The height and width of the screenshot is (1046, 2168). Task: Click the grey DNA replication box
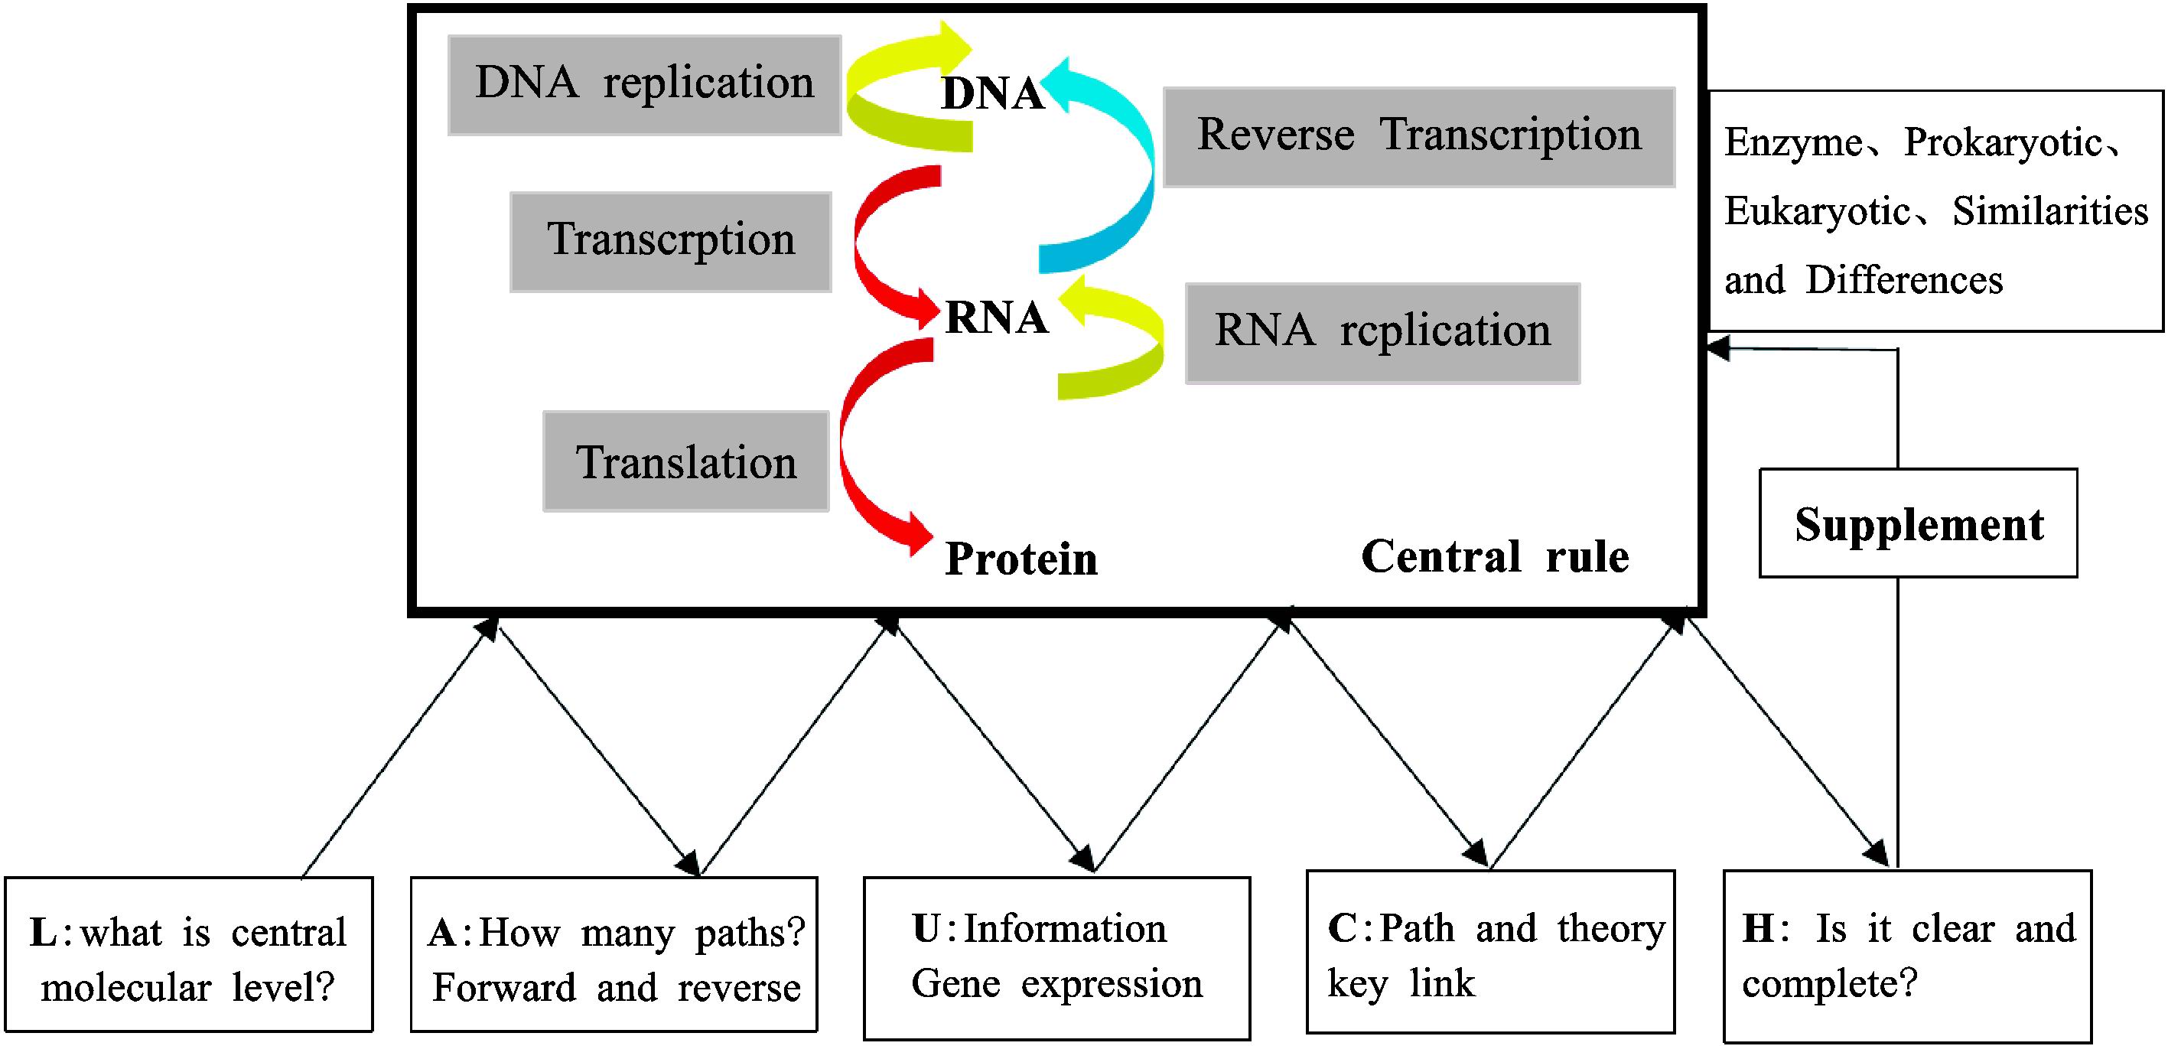click(x=645, y=85)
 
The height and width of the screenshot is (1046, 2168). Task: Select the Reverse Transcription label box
click(x=1419, y=137)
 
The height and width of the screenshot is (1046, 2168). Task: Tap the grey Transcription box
click(x=671, y=243)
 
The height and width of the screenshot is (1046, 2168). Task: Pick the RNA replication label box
click(x=1383, y=334)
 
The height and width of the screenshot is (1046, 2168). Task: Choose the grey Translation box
click(x=686, y=461)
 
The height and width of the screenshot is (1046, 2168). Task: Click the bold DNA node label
click(x=993, y=93)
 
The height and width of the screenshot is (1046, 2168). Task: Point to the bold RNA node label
click(x=997, y=318)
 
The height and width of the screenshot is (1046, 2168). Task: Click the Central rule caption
click(x=1495, y=556)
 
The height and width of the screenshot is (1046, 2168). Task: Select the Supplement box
click(x=1918, y=523)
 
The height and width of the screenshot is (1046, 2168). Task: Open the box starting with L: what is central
click(x=188, y=954)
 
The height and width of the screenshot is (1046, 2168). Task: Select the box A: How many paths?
click(x=614, y=954)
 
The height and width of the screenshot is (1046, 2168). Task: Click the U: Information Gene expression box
click(x=1057, y=959)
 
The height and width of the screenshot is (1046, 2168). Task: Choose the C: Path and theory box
click(x=1490, y=952)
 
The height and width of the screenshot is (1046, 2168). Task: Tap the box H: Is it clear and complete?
click(x=1908, y=956)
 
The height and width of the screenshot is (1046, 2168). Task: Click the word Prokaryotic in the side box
click(x=2002, y=143)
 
